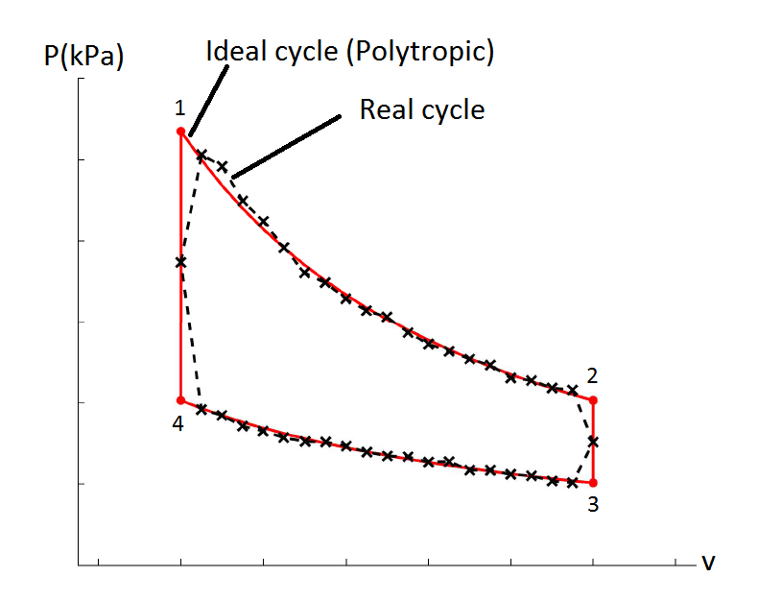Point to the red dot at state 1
(180, 132)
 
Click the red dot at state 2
(593, 400)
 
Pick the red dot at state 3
(593, 483)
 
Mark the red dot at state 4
(180, 400)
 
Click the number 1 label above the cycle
(179, 108)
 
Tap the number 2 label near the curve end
(593, 375)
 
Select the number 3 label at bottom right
(593, 505)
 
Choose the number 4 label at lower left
(178, 423)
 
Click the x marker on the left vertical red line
(180, 261)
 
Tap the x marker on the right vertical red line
(593, 442)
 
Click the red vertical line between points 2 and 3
(593, 422)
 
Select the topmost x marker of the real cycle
(201, 155)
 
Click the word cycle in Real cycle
(454, 109)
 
